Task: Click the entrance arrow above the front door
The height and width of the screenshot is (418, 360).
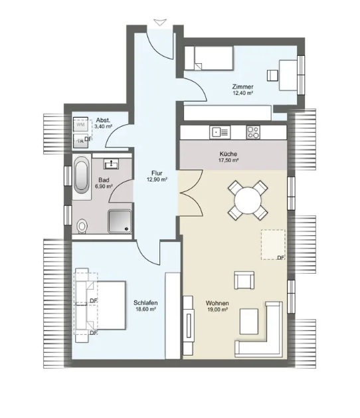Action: pyautogui.click(x=161, y=23)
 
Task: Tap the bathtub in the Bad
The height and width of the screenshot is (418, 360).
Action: pyautogui.click(x=82, y=175)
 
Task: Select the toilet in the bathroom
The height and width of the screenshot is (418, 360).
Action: pyautogui.click(x=82, y=227)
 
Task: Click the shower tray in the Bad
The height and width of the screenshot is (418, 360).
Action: pyautogui.click(x=120, y=221)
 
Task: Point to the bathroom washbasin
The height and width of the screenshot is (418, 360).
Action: pyautogui.click(x=111, y=163)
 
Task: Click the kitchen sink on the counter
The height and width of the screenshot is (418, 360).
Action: pyautogui.click(x=220, y=132)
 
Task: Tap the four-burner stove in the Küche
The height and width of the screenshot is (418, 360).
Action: pyautogui.click(x=253, y=132)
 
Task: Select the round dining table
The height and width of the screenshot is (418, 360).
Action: pyautogui.click(x=248, y=200)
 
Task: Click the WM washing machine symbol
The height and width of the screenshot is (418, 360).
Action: pyautogui.click(x=81, y=124)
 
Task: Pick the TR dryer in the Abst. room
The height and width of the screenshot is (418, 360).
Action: pyautogui.click(x=81, y=141)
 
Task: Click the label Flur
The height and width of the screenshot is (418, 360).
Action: pyautogui.click(x=157, y=173)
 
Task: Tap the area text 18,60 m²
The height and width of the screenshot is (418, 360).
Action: pyautogui.click(x=145, y=309)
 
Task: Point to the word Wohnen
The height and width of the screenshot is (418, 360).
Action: pyautogui.click(x=217, y=303)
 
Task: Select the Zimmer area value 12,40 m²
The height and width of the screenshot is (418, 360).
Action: pyautogui.click(x=242, y=93)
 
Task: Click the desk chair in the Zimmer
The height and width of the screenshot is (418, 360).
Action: pyautogui.click(x=272, y=75)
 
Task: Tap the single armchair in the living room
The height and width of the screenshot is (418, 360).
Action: pyautogui.click(x=244, y=280)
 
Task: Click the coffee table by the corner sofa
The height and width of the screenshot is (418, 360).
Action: pyautogui.click(x=249, y=322)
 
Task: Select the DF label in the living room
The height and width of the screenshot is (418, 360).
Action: pyautogui.click(x=281, y=258)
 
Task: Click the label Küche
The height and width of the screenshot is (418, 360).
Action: pyautogui.click(x=228, y=154)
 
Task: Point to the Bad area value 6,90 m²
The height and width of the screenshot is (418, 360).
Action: pyautogui.click(x=104, y=186)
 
